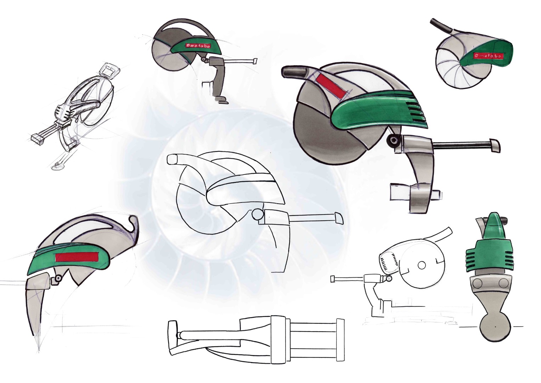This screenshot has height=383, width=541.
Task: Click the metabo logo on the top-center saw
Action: [x=198, y=46]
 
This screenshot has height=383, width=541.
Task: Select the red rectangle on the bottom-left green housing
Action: [x=77, y=256]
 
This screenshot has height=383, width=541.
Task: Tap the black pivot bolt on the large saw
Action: [x=393, y=140]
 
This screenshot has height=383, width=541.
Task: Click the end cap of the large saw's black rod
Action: [x=494, y=146]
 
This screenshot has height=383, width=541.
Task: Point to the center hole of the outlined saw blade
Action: [x=422, y=265]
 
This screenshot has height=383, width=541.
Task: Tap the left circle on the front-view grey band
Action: [x=477, y=284]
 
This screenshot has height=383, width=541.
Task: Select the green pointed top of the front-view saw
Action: [x=494, y=226]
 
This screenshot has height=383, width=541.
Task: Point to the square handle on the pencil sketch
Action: [x=109, y=70]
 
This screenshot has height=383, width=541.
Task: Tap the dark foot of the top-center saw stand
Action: [x=221, y=99]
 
